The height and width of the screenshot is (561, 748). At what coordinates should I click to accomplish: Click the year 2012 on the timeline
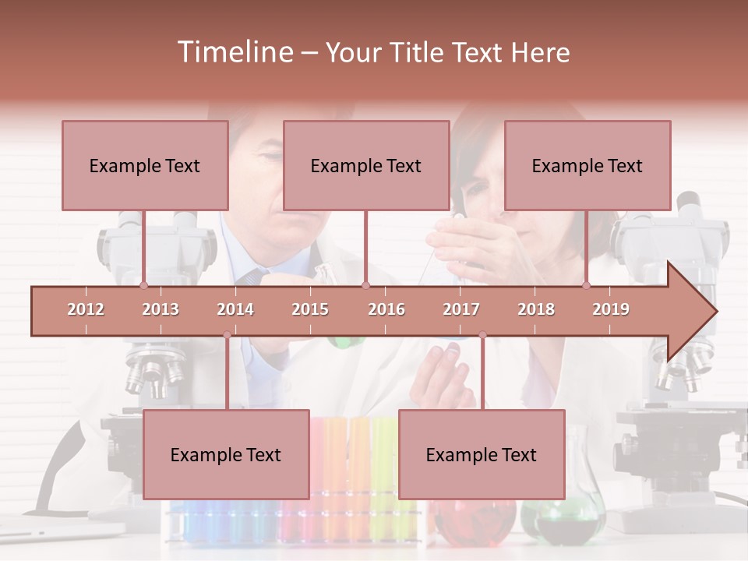point(86,309)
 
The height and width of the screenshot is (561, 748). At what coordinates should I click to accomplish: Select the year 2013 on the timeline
point(161,309)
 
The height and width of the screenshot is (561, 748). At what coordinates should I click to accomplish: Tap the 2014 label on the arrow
point(235,309)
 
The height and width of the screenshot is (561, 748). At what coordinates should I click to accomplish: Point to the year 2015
point(310,309)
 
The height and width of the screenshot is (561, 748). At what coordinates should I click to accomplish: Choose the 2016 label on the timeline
point(386,309)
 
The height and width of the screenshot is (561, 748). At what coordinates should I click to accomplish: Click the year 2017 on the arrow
point(461,309)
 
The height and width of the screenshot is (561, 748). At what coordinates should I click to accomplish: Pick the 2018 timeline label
point(536,309)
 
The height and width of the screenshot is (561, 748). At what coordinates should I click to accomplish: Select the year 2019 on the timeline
point(611,309)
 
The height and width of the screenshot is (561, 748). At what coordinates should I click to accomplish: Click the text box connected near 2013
point(145,165)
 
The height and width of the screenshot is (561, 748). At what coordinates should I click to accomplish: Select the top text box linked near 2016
point(366,165)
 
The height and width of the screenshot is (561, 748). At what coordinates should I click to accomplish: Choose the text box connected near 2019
point(587,165)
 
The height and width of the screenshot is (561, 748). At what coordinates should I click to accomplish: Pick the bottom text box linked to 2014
point(226,454)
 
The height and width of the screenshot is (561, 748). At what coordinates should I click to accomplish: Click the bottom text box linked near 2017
point(482,454)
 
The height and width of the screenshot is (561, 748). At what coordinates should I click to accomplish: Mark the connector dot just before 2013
point(143,285)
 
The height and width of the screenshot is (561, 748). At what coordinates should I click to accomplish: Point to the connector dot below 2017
point(482,335)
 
